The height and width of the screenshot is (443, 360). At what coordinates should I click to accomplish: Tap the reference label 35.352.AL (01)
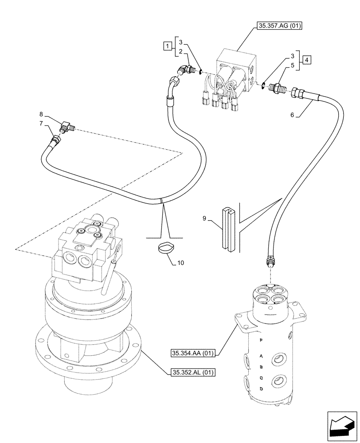(192, 373)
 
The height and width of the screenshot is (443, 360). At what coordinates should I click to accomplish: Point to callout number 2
(181, 52)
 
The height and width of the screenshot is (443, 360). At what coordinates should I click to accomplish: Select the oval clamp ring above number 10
(166, 248)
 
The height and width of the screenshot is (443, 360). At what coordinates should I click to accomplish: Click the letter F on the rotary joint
(261, 340)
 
